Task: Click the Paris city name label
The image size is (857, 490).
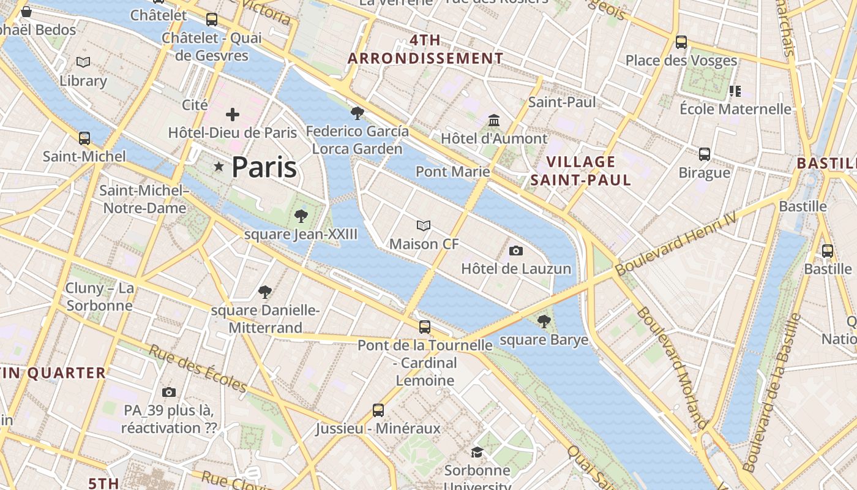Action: click(x=264, y=167)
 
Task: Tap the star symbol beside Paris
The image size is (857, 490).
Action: click(x=219, y=167)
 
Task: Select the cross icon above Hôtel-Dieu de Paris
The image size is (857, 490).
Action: click(x=233, y=115)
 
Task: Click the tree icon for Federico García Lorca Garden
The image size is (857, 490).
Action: click(x=357, y=113)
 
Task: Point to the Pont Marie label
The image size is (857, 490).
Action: click(x=452, y=171)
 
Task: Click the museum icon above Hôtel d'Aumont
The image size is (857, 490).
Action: click(x=494, y=120)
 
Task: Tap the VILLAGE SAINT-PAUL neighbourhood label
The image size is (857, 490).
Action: click(x=580, y=171)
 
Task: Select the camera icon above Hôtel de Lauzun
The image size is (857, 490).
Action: click(x=516, y=251)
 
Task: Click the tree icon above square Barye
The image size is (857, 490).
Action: click(x=544, y=322)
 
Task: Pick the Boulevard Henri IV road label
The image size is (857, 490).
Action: click(x=676, y=246)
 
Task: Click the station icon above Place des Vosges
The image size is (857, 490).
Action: click(x=681, y=42)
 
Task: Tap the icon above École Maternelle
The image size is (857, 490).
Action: click(x=735, y=91)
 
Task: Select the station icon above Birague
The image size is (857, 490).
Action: click(x=705, y=154)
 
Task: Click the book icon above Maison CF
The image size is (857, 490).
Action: click(x=424, y=226)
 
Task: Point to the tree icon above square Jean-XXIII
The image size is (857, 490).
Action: click(x=301, y=216)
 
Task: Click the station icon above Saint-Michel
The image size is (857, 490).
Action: click(x=84, y=138)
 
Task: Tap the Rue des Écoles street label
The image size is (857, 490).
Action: click(x=198, y=369)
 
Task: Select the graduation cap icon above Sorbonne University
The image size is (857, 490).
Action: click(x=477, y=452)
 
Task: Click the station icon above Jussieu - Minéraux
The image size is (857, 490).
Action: click(x=378, y=410)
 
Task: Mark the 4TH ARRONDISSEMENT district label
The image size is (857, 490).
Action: click(x=425, y=50)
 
